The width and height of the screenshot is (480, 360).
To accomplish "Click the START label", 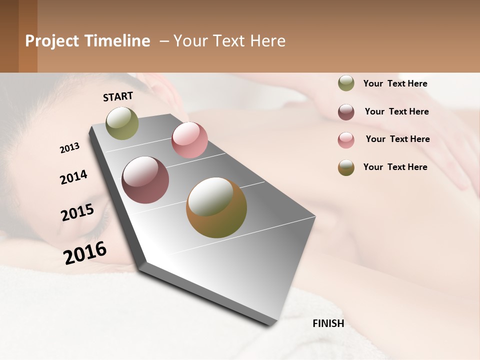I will click(118, 96).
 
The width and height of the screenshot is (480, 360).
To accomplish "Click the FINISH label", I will click(328, 323).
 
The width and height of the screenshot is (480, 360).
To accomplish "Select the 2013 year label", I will click(69, 148).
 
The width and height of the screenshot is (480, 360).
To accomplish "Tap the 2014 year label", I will click(73, 177).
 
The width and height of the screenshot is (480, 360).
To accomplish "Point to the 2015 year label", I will click(77, 212).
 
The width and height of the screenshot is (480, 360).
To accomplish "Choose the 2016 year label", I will click(85, 252).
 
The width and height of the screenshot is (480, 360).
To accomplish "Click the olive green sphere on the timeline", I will click(122, 123).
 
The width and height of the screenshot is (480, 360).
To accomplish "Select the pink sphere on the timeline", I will click(189, 140).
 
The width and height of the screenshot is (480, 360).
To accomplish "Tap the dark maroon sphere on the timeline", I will click(145, 180).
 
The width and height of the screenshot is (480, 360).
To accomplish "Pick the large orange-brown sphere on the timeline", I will click(216, 207).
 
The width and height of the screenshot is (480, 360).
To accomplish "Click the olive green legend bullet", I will click(346, 83).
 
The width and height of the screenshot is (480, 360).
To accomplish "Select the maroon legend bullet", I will click(346, 112).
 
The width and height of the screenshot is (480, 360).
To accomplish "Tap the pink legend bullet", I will click(346, 140).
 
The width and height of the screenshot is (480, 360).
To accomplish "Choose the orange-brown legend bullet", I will click(346, 167).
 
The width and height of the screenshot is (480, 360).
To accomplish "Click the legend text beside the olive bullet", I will click(395, 84).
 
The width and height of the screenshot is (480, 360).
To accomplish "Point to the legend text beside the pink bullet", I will click(397, 139).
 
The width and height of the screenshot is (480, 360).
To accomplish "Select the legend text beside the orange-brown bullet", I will click(395, 167).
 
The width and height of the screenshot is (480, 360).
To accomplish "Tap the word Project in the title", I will click(52, 41).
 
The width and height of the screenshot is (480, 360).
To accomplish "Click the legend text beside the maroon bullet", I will click(396, 111).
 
